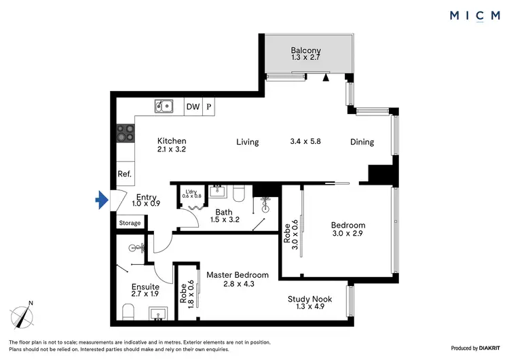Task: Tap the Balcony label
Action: (x=305, y=50)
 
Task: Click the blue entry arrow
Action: (x=102, y=199)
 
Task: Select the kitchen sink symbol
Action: (x=163, y=106)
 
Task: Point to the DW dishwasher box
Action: (x=193, y=107)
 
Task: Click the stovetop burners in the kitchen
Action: (x=125, y=132)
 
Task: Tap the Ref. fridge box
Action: (x=124, y=174)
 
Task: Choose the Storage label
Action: (x=130, y=223)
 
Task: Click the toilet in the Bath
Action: (x=238, y=195)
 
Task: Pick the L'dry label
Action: (x=191, y=192)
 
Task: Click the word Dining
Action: (x=362, y=142)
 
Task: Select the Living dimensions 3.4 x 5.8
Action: (x=305, y=142)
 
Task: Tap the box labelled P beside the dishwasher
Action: (x=209, y=107)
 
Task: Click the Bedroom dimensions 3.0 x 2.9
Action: (x=348, y=235)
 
